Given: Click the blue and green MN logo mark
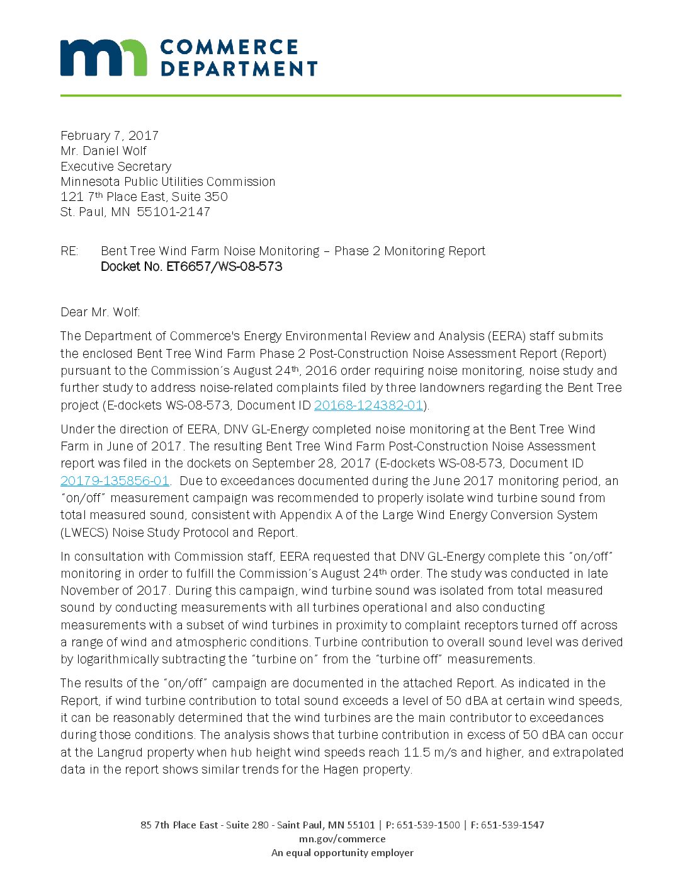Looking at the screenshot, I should tap(103, 57).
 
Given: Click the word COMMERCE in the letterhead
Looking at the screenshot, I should tap(229, 47).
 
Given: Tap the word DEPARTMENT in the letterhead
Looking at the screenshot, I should tap(239, 68).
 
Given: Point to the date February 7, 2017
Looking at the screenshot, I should tap(110, 135).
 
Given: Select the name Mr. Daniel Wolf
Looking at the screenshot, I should tap(104, 151).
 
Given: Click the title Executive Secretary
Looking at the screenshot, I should tap(116, 166).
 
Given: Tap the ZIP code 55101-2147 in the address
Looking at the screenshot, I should tap(173, 212).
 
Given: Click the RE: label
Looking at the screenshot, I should tap(69, 251).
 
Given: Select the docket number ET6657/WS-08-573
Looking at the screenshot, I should tap(224, 266).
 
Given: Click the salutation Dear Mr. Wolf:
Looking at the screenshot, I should tap(100, 312).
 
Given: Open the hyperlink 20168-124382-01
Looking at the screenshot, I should tap(368, 406).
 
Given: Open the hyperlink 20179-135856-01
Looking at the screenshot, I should tap(115, 481).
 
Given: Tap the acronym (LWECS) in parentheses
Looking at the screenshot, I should tap(84, 533).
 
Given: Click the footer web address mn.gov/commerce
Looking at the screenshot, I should tap(342, 839).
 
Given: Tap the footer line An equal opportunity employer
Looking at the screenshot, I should tap(342, 853).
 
